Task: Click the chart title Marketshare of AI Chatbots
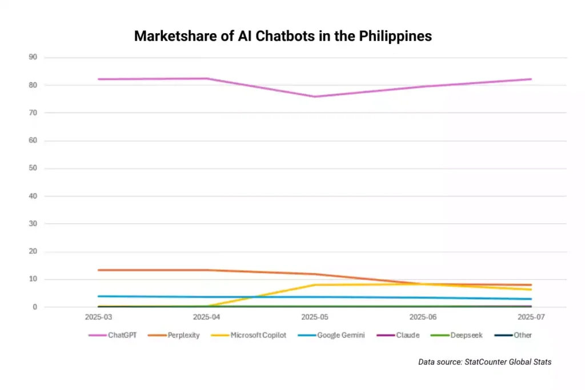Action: pyautogui.click(x=283, y=37)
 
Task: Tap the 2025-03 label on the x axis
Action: pyautogui.click(x=98, y=316)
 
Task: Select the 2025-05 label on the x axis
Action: pyautogui.click(x=315, y=316)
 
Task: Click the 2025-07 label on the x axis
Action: pyautogui.click(x=531, y=316)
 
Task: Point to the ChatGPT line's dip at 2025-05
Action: pyautogui.click(x=315, y=97)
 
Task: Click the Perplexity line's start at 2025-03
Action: pyautogui.click(x=98, y=270)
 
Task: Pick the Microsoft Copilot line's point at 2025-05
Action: pyautogui.click(x=315, y=284)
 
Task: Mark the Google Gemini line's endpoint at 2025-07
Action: pyautogui.click(x=531, y=299)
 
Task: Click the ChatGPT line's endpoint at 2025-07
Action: pyautogui.click(x=531, y=79)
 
